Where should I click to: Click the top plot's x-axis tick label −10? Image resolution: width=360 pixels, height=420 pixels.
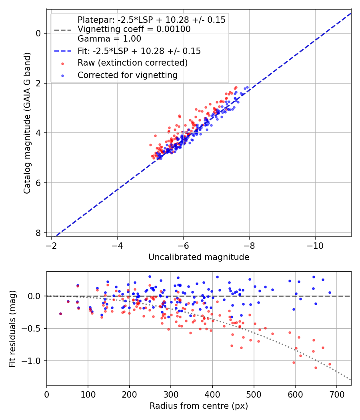(x=315, y=246)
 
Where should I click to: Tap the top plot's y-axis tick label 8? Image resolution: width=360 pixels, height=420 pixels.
(x=38, y=233)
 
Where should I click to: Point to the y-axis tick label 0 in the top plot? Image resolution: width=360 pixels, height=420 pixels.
(x=38, y=34)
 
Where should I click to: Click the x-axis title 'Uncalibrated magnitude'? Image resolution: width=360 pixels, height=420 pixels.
(x=199, y=257)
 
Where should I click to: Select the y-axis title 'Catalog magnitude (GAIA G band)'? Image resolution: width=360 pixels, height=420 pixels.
(x=27, y=123)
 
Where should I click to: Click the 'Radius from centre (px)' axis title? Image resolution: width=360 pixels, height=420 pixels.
(x=199, y=406)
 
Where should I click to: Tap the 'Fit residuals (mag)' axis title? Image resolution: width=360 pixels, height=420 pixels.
(x=12, y=329)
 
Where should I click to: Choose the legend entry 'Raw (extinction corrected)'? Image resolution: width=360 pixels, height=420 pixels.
(x=132, y=63)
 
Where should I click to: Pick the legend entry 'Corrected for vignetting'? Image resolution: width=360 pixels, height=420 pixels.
(x=128, y=75)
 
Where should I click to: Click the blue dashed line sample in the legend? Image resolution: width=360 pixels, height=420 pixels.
(x=63, y=51)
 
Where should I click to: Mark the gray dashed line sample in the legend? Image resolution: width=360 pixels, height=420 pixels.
(x=63, y=30)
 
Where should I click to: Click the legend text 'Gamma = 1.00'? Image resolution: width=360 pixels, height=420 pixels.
(x=109, y=38)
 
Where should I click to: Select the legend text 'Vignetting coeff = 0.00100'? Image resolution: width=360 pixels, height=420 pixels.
(x=134, y=29)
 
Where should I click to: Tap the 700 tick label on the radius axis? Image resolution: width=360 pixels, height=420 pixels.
(x=336, y=394)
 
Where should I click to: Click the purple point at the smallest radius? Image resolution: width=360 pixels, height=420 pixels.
(x=60, y=314)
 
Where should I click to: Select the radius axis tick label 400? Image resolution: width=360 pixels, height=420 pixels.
(x=212, y=394)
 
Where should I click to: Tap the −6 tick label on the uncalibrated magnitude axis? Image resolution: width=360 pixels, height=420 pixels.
(x=183, y=246)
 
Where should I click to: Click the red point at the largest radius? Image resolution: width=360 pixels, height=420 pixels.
(x=330, y=364)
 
